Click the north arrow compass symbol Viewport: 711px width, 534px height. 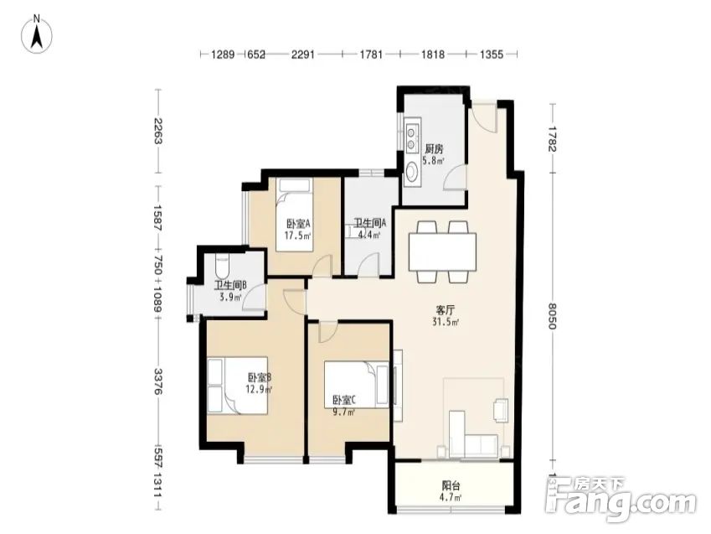pos(37,34)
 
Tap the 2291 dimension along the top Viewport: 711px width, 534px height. pos(303,54)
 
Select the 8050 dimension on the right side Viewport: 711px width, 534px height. pos(552,316)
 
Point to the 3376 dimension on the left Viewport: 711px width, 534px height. pos(157,381)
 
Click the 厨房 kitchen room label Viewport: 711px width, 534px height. pos(434,148)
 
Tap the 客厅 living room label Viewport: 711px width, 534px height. pos(445,310)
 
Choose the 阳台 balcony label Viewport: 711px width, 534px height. pos(451,485)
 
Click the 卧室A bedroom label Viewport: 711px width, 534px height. pos(298,224)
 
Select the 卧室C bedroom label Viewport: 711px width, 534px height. pos(344,400)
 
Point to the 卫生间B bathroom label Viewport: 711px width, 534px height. pos(230,286)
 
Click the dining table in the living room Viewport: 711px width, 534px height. pos(442,251)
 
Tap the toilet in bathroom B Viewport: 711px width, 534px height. pos(222,267)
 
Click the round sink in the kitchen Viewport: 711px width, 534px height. pos(412,172)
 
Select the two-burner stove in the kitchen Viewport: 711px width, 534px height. pos(412,138)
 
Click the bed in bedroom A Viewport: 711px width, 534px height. pos(295,215)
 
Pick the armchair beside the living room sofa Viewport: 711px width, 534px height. pos(501,410)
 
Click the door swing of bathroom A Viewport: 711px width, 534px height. pos(368,264)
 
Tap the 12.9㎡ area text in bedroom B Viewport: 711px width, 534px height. pos(259,389)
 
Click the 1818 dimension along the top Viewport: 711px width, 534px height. pos(433,54)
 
